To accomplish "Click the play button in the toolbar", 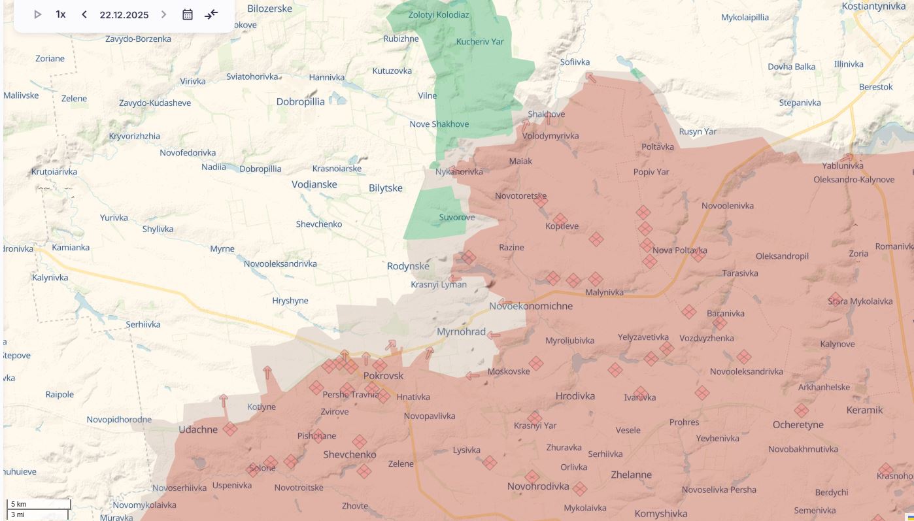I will click(x=38, y=14).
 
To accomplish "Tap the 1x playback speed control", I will click(x=61, y=14).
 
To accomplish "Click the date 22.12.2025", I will click(x=124, y=15).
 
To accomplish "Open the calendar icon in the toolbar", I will click(x=188, y=14).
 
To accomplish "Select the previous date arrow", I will click(x=84, y=14).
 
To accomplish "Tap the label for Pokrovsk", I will click(x=383, y=376).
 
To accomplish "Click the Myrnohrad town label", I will click(x=461, y=332).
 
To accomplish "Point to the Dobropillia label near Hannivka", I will click(x=300, y=102).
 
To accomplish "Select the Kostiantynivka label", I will click(x=877, y=6).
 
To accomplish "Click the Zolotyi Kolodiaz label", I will click(x=438, y=14).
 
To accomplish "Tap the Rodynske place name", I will click(x=408, y=266).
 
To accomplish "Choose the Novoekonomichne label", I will click(x=530, y=306).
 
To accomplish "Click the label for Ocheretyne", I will click(x=798, y=425).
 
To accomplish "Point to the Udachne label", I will click(x=198, y=429).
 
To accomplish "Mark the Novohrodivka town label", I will click(x=538, y=487).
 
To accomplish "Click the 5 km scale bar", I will click(x=39, y=504).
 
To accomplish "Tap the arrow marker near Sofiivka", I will click(x=590, y=78).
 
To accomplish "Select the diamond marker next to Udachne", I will click(x=229, y=429).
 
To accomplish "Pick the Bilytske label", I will click(x=385, y=188).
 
